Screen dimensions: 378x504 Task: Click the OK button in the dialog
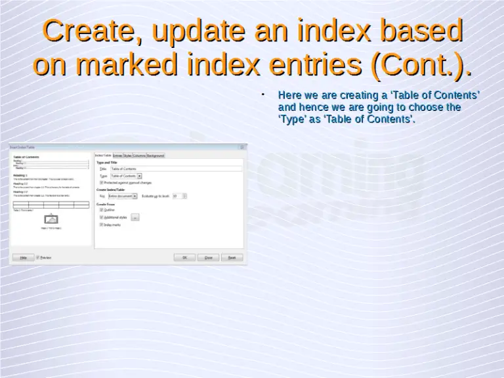[x=184, y=258]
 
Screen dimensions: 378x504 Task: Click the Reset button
[x=232, y=258]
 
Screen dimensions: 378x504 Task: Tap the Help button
[x=23, y=258]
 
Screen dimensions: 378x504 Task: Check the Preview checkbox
[x=38, y=258]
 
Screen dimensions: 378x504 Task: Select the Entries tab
[x=117, y=156]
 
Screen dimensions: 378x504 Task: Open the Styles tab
[x=127, y=156]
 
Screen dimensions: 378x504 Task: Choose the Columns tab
[x=139, y=156]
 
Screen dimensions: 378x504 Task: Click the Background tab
[x=156, y=156]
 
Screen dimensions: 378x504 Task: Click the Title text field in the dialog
[x=175, y=169]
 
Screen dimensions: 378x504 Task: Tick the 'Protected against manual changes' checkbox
[x=101, y=182]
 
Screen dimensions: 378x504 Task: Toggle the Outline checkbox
[x=101, y=210]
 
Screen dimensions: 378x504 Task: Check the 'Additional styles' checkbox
[x=101, y=217]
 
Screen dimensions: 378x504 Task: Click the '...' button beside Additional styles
[x=135, y=217]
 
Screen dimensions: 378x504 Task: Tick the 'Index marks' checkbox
[x=101, y=224]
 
